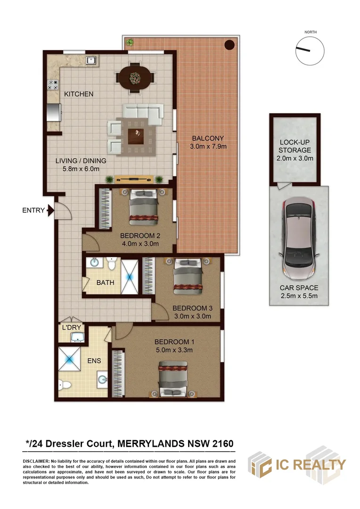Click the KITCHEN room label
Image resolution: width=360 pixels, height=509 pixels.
pyautogui.click(x=79, y=94)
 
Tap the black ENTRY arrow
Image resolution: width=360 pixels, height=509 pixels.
pyautogui.click(x=50, y=210)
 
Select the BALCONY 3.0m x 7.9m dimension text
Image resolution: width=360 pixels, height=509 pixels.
pyautogui.click(x=208, y=147)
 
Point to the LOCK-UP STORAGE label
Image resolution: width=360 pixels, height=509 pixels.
pyautogui.click(x=295, y=146)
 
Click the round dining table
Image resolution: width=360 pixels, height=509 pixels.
pyautogui.click(x=135, y=78)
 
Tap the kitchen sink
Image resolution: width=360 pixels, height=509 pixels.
pyautogui.click(x=90, y=60)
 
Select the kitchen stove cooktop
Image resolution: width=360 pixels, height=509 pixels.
pyautogui.click(x=53, y=85)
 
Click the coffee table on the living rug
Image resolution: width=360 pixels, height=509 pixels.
pyautogui.click(x=136, y=136)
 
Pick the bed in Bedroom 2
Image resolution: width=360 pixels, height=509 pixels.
pyautogui.click(x=143, y=207)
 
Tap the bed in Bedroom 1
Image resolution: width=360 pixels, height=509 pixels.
pyautogui.click(x=173, y=378)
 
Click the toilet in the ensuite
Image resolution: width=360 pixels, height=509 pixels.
pyautogui.click(x=65, y=386)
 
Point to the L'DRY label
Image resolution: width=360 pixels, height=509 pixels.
pyautogui.click(x=72, y=328)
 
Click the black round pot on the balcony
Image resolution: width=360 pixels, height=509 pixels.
pyautogui.click(x=229, y=45)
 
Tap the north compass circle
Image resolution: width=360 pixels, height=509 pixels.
pyautogui.click(x=310, y=51)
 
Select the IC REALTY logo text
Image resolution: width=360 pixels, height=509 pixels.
pyautogui.click(x=311, y=465)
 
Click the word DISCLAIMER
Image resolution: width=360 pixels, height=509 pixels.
pyautogui.click(x=36, y=461)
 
